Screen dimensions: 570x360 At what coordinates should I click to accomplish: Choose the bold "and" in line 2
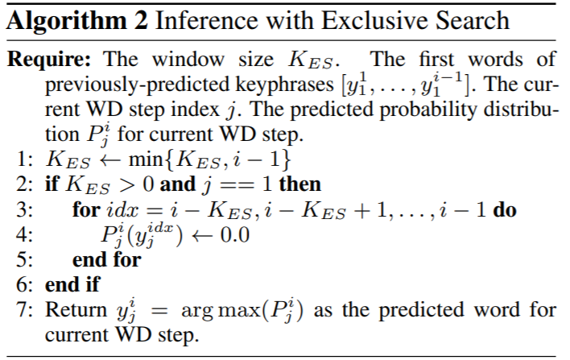[x=178, y=184]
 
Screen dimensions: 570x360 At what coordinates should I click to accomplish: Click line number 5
[x=23, y=259]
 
